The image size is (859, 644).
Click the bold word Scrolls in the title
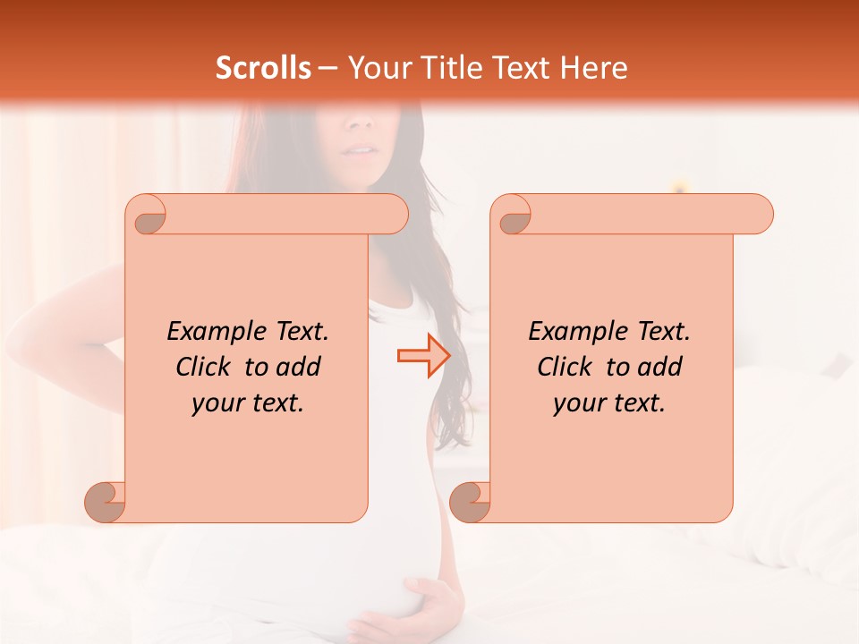264,68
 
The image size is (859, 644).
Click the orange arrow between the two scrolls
423,356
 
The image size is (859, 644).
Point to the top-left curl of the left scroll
147,216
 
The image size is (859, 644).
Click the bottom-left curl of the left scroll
106,502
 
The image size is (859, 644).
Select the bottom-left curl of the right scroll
471,502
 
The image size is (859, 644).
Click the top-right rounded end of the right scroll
757,214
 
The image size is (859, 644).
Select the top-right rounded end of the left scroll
392,214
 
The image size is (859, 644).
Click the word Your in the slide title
377,68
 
